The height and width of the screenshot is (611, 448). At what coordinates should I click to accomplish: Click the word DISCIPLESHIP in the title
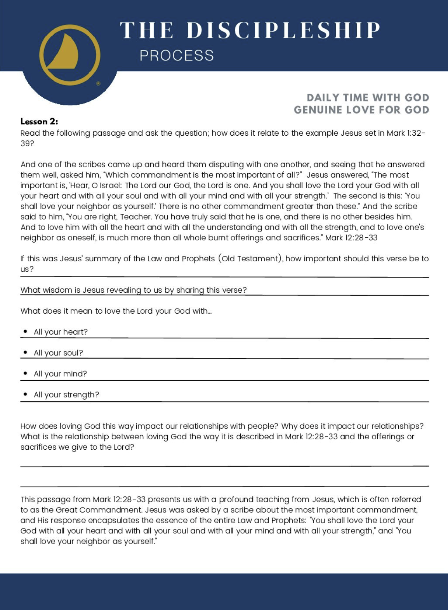click(283, 30)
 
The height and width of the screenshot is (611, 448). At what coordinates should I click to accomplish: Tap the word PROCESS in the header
click(177, 56)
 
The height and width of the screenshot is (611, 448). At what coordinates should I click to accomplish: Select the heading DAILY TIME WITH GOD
click(368, 98)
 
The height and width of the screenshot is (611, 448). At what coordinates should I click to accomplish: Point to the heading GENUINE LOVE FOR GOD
click(361, 110)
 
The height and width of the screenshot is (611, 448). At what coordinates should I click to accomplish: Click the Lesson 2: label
click(39, 122)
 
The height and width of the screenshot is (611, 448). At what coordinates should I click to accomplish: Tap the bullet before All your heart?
click(25, 331)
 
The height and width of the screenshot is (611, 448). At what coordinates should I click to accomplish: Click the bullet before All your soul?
click(25, 352)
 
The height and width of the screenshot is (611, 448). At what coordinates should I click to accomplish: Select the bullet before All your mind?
click(25, 373)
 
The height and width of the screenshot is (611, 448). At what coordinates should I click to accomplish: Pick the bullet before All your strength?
click(25, 394)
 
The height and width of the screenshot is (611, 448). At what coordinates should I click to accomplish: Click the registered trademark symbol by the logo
click(98, 83)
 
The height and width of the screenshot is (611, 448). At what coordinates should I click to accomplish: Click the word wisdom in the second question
click(54, 290)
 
